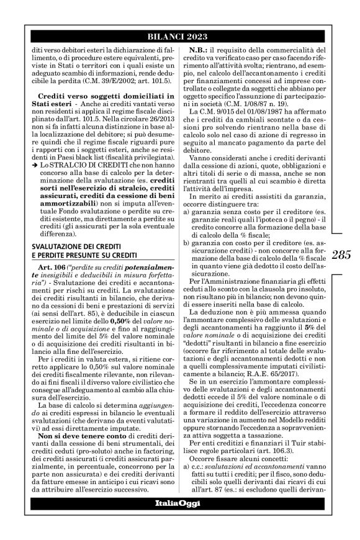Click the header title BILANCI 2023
[x=180, y=36]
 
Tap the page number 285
[x=340, y=271]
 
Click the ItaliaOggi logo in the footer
[x=180, y=519]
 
